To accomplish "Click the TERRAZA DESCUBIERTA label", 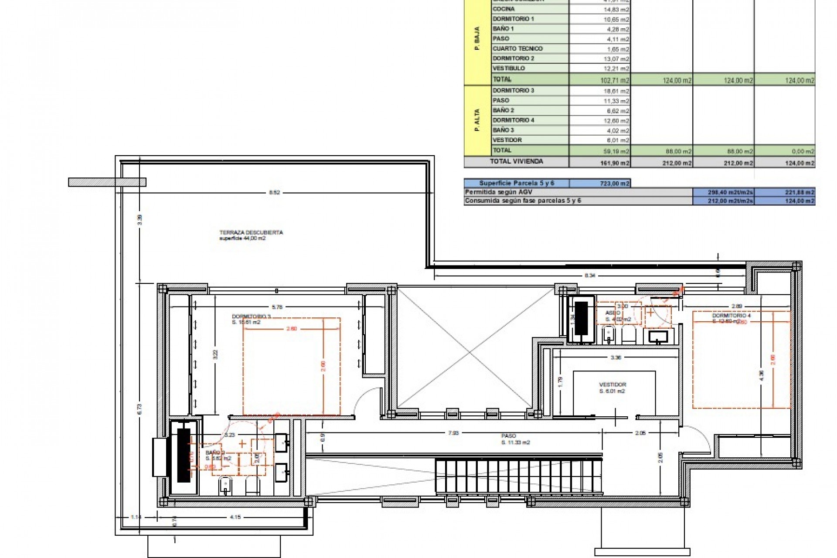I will (x=251, y=232).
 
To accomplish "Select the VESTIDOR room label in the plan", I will (x=612, y=385).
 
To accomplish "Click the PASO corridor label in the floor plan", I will (x=509, y=436).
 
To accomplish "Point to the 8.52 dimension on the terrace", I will (x=274, y=192).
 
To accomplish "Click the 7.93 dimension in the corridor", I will (x=453, y=433).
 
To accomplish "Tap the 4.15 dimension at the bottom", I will (x=235, y=517).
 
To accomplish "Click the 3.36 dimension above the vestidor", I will (x=616, y=357).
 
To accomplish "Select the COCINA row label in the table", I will (x=504, y=9).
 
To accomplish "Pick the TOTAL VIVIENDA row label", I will (x=516, y=161).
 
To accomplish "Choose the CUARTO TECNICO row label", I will (x=517, y=48).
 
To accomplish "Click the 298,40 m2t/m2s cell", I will (x=723, y=192).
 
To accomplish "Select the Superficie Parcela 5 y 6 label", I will (x=516, y=183).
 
